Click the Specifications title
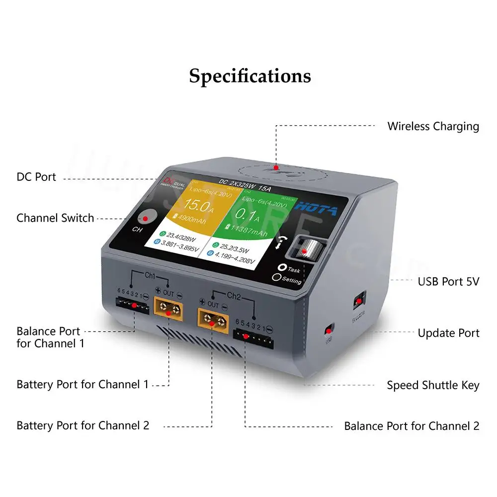pos(250,76)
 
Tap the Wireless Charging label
pos(433,126)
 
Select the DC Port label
pos(36,177)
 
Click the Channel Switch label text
pos(55,218)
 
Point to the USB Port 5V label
pos(448,281)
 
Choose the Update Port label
pos(448,333)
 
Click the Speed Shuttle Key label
pos(433,385)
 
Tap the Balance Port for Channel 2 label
pos(412,426)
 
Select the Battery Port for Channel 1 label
pos(83,384)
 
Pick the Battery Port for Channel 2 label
pos(83,425)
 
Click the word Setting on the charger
pos(291,281)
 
